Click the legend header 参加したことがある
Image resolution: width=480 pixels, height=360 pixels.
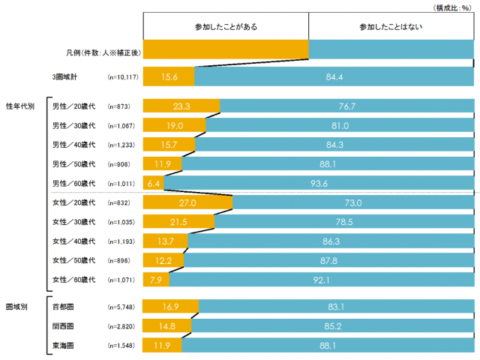pos(225,26)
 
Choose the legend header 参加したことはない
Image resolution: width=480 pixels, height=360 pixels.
pos(391,26)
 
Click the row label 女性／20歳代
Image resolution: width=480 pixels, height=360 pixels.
pos(73,202)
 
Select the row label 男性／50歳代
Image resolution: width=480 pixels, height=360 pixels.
pos(73,164)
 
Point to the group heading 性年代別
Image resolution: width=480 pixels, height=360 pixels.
pos(20,106)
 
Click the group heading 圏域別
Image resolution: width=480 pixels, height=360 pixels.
pos(16,307)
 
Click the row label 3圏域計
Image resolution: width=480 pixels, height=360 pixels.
pos(64,76)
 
